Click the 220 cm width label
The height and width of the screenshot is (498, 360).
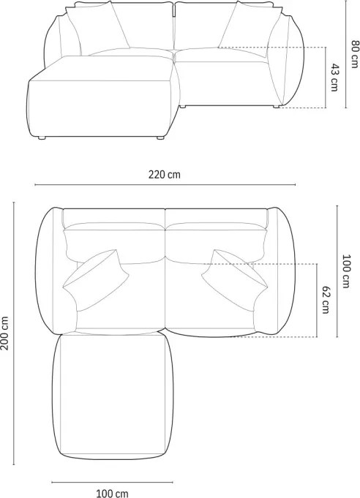click(x=165, y=174)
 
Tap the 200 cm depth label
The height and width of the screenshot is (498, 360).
click(x=4, y=333)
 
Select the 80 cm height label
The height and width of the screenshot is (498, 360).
click(x=354, y=53)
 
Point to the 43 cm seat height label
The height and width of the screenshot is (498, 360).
click(x=334, y=78)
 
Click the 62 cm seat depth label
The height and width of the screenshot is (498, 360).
click(x=326, y=300)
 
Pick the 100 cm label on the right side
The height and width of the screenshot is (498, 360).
click(x=345, y=271)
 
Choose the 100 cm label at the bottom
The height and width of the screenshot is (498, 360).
click(x=112, y=493)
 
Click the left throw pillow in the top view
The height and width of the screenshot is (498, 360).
click(x=95, y=279)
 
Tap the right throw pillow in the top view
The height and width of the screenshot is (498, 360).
click(x=234, y=279)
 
